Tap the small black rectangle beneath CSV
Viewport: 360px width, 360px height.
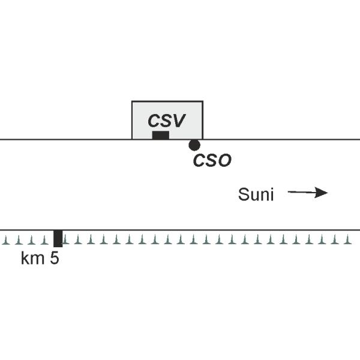tap(160, 135)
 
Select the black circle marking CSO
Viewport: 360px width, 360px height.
tap(194, 145)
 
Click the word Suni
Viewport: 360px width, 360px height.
tap(256, 194)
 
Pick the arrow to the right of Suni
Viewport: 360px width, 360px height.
tap(307, 193)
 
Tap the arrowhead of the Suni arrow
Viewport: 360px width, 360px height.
tap(324, 193)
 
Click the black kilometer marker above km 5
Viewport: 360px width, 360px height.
tap(58, 238)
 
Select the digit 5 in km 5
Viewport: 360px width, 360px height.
tap(55, 259)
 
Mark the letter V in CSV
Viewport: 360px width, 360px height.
tap(179, 120)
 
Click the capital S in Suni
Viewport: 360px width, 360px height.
tap(243, 194)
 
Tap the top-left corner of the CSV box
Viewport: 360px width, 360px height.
tap(132, 101)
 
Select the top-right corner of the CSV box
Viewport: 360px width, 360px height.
tap(203, 101)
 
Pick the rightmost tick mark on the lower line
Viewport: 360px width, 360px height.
tap(349, 241)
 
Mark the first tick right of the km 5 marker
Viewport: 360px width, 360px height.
tap(66, 241)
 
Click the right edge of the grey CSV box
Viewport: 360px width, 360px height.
tap(203, 120)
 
